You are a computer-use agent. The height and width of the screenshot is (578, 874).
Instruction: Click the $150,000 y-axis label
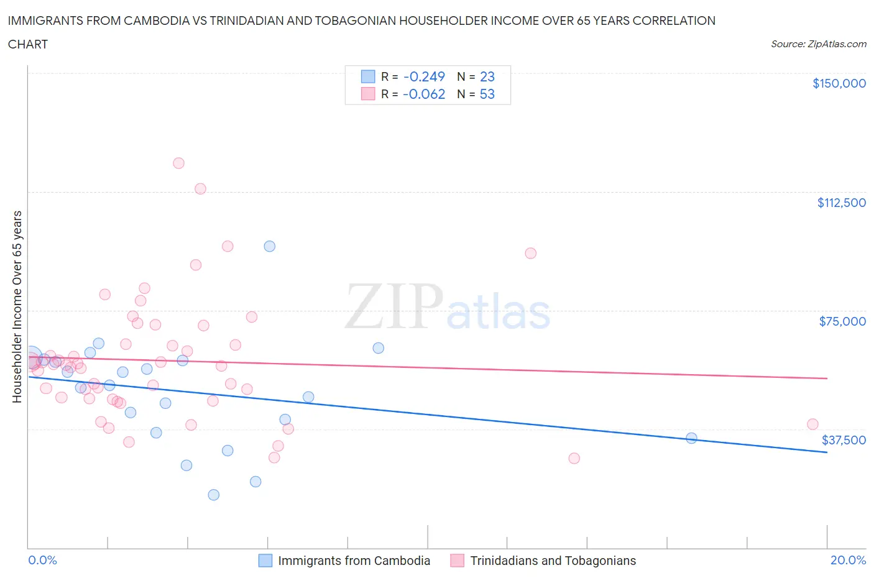click(839, 83)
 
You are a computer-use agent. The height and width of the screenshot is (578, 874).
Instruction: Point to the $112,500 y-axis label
click(841, 203)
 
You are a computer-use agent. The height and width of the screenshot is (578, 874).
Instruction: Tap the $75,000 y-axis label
click(842, 321)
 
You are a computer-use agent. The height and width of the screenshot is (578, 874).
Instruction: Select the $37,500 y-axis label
click(844, 440)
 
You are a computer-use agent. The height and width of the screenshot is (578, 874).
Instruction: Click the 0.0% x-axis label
click(42, 560)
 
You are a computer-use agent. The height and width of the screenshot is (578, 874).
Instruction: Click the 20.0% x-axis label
click(848, 560)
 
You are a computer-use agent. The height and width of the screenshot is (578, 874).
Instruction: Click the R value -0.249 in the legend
click(424, 76)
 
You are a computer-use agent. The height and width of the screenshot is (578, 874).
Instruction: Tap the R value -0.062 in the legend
click(424, 94)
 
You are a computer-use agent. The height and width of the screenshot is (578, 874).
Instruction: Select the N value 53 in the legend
click(487, 94)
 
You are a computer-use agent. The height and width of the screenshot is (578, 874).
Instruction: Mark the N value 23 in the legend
click(487, 76)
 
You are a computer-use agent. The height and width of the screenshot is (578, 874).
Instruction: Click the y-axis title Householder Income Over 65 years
click(17, 306)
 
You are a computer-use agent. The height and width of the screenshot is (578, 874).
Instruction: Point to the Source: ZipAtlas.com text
click(818, 44)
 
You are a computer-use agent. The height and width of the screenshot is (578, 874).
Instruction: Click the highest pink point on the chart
click(178, 163)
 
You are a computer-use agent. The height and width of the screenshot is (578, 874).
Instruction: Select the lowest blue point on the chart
click(213, 495)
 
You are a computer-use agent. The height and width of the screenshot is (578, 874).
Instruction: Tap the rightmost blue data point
click(691, 438)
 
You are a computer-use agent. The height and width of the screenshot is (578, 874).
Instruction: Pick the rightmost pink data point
click(812, 424)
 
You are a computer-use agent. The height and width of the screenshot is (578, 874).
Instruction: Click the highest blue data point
click(269, 246)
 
